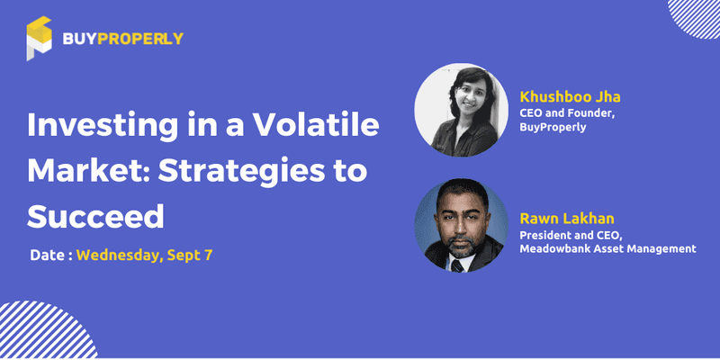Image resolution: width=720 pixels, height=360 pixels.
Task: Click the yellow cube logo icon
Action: click(x=39, y=39)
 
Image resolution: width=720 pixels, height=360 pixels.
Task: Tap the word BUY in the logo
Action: click(x=79, y=39)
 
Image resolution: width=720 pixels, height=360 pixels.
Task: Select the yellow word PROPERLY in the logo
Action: click(x=140, y=39)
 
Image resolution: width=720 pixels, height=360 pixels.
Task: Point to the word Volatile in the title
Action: click(x=317, y=125)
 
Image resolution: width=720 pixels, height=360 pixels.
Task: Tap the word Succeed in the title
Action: click(x=95, y=216)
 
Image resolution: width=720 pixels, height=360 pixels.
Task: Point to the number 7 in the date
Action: click(x=209, y=256)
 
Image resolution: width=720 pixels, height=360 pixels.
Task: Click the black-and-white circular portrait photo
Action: click(x=461, y=110)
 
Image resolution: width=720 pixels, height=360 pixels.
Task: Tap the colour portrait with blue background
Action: click(x=461, y=225)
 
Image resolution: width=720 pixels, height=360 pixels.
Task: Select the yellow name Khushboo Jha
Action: click(x=571, y=97)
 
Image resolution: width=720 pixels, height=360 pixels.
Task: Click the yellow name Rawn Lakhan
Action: click(x=566, y=218)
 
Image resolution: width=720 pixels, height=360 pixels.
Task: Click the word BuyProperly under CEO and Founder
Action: click(x=553, y=127)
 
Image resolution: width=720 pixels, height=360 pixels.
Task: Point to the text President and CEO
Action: click(x=571, y=235)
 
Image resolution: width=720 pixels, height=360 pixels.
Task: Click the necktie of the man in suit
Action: click(x=457, y=265)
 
